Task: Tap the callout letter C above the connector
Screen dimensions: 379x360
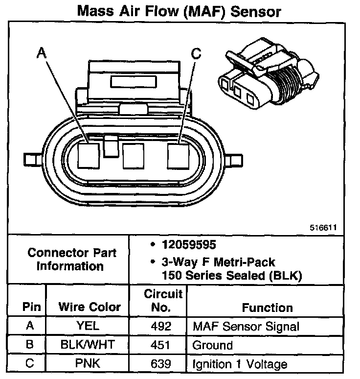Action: pos(196,54)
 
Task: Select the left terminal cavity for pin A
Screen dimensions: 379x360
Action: pos(89,156)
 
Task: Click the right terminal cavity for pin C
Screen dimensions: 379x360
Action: pos(178,156)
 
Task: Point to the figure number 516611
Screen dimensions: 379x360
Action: pos(323,228)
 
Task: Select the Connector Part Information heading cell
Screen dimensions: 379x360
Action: pos(72,260)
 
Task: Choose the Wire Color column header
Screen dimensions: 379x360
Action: pos(90,307)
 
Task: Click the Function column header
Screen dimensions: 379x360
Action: pos(267,308)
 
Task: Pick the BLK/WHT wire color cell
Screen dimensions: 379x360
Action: pos(89,345)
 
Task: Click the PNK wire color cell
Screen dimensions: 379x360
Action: pos(89,364)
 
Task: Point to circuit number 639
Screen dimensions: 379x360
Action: pos(161,364)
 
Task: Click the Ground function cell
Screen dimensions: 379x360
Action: pos(213,345)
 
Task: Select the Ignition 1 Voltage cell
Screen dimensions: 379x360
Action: pos(240,364)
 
